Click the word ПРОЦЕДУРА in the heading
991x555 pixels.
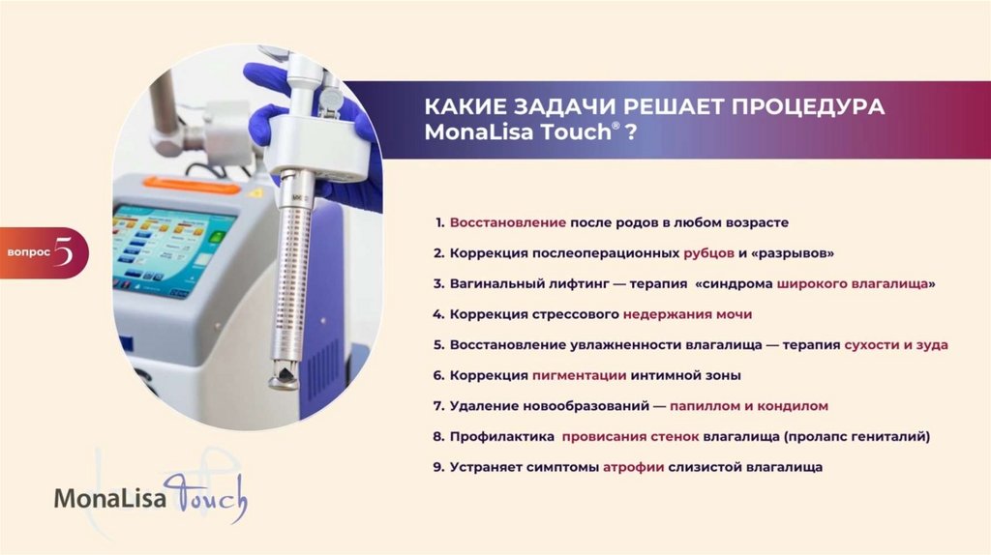808,106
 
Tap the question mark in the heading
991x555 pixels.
630,132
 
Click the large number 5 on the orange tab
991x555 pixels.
64,252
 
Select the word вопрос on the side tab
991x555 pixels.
28,252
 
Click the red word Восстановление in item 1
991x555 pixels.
507,223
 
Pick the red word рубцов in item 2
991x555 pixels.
708,254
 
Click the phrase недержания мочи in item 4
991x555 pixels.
688,314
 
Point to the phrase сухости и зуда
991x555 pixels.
896,345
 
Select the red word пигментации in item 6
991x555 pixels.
579,376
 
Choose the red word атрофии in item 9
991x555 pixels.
633,468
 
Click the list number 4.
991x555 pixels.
438,314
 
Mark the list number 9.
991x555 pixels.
438,467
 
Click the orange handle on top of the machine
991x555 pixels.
192,186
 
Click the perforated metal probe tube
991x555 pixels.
294,277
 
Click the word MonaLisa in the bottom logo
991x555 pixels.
110,499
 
